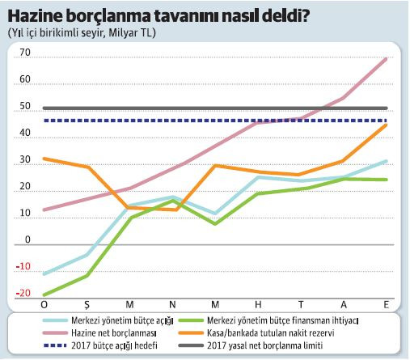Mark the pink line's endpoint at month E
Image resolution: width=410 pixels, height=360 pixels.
tap(386, 59)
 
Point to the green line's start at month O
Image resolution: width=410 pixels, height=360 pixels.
tap(44, 295)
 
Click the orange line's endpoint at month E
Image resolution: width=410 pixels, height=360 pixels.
tap(386, 125)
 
